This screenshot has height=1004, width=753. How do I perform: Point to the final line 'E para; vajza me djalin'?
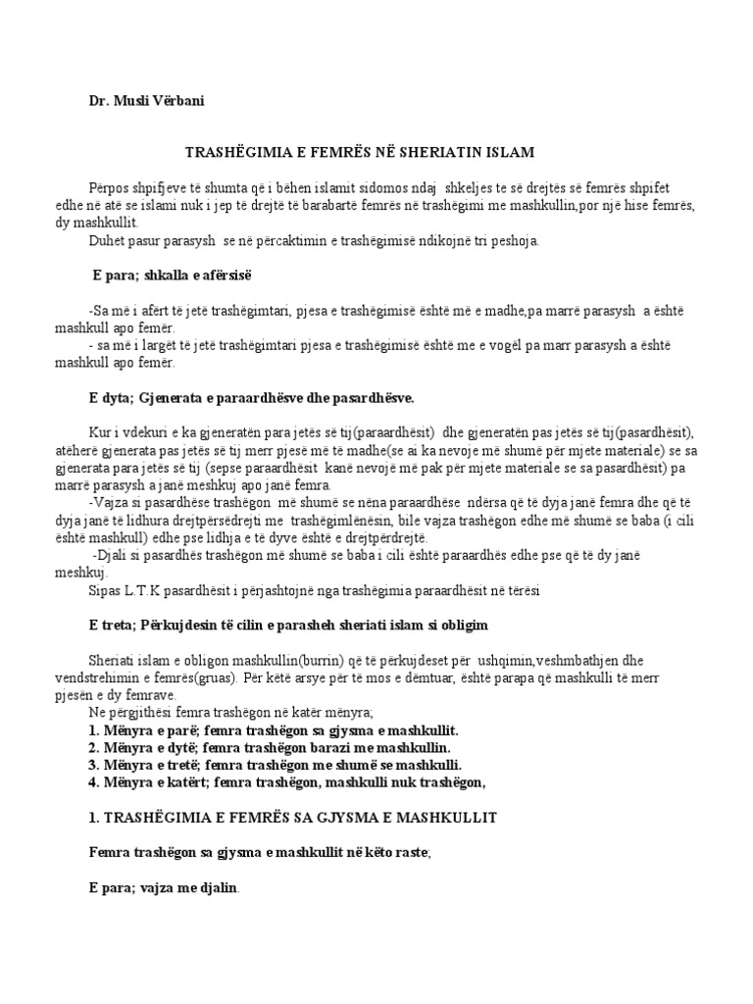(x=164, y=888)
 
